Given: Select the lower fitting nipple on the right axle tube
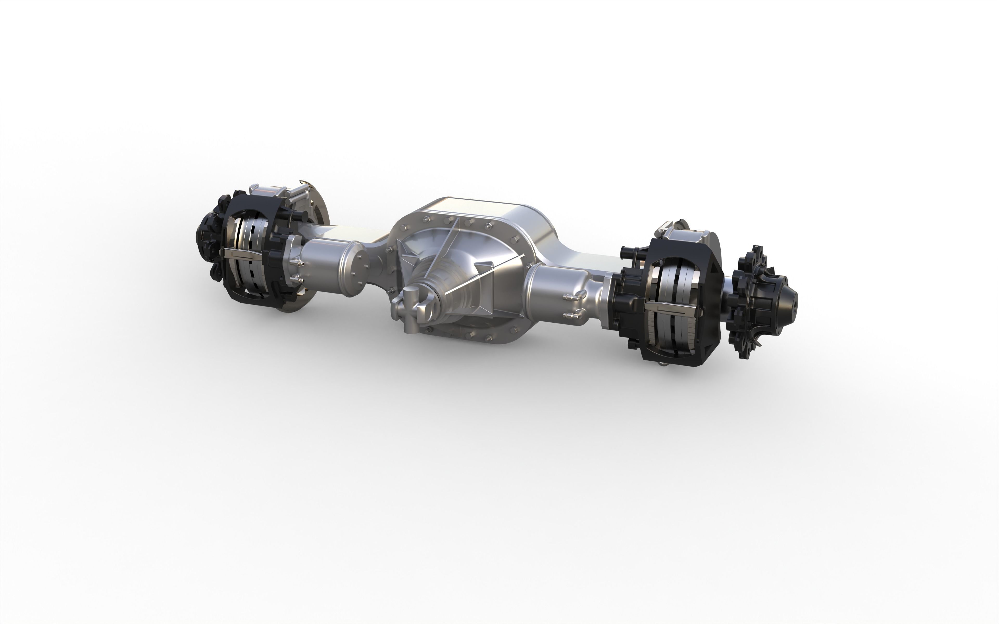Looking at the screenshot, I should point(570,315).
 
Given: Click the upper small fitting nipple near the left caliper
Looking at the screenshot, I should point(296,262).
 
